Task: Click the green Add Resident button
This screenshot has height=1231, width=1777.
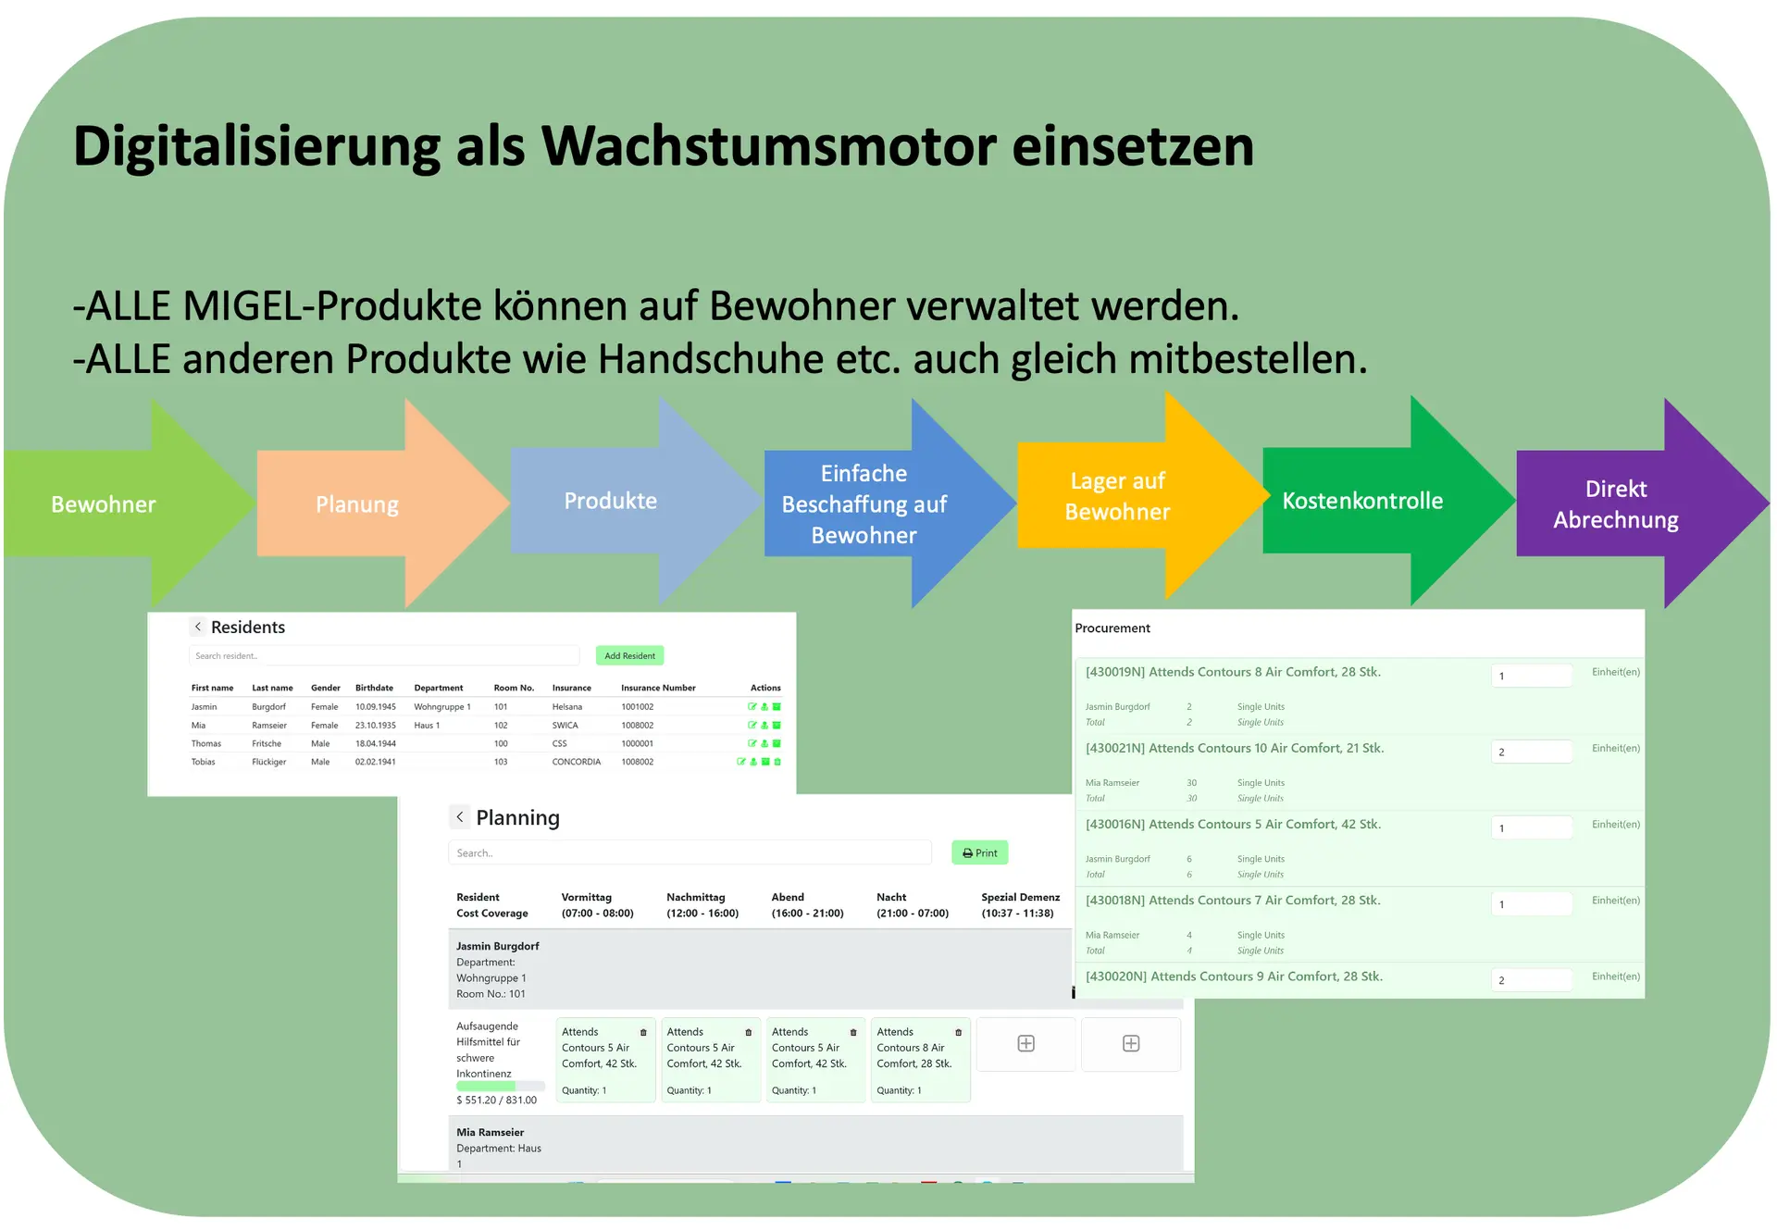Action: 629,655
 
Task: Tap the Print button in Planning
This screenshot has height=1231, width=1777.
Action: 979,852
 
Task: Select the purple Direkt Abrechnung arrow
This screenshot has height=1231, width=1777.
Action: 1616,504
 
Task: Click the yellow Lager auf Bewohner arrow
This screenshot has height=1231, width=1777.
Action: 1117,497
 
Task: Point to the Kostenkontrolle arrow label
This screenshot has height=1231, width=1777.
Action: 1362,501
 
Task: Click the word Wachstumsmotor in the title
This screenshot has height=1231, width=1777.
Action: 769,146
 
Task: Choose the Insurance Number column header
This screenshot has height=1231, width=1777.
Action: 658,688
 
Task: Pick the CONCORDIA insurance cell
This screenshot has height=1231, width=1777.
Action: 577,762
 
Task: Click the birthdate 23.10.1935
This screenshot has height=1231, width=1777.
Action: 375,725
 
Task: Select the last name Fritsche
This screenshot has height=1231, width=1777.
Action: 267,743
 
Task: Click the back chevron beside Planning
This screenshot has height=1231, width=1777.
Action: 460,816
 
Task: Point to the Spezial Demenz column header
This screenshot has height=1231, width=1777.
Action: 1020,904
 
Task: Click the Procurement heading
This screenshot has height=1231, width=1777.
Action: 1112,628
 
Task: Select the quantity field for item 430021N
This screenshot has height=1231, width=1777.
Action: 1531,752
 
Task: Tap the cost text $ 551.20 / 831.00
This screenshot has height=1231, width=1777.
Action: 496,1100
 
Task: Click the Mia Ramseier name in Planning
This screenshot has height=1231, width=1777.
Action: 490,1132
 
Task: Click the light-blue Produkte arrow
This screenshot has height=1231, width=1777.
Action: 611,501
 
